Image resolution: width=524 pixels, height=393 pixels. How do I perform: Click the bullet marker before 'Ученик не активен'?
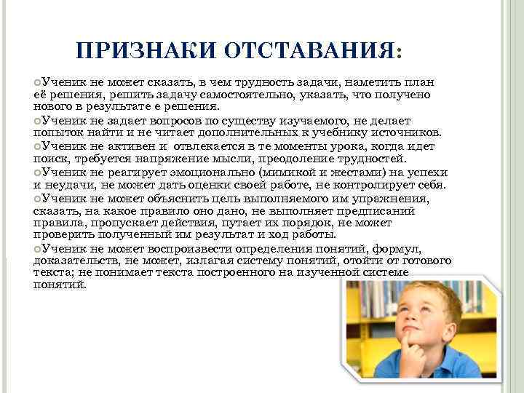(x=37, y=145)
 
